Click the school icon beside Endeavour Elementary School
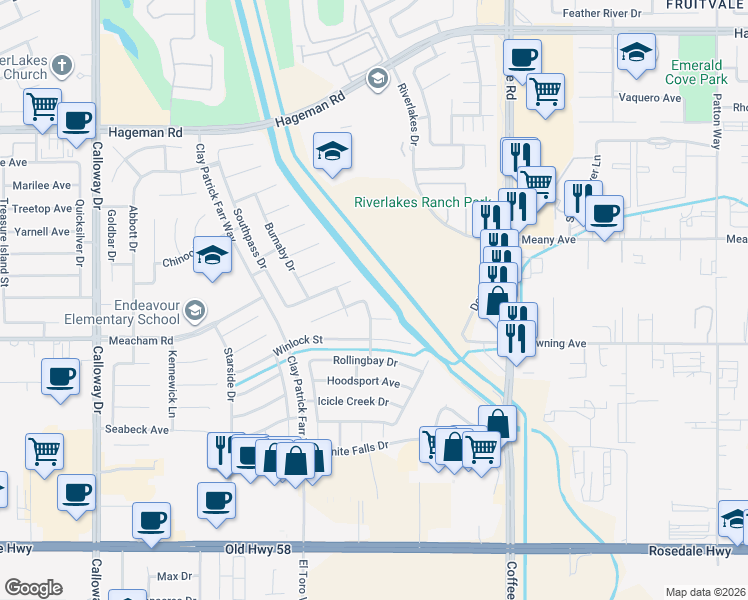195,311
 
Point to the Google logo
33,588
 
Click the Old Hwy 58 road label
263,550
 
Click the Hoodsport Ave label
363,382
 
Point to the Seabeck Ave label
137,429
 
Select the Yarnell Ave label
43,231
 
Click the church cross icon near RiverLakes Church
61,66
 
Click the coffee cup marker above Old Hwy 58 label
151,520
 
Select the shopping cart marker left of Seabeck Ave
43,451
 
